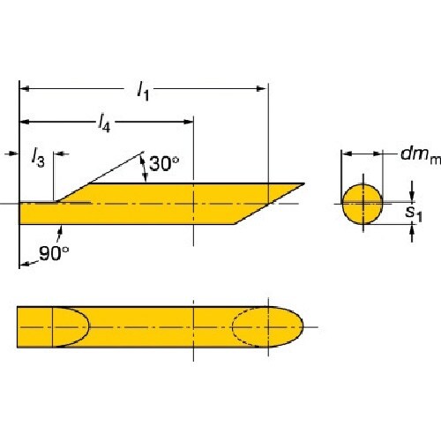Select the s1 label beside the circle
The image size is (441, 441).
point(411,212)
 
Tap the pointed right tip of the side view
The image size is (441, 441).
point(303,184)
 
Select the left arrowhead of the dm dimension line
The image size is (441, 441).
point(346,153)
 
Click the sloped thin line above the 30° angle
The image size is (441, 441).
point(115,167)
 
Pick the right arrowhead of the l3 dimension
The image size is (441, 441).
point(59,153)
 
